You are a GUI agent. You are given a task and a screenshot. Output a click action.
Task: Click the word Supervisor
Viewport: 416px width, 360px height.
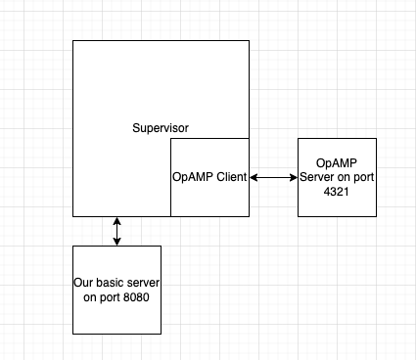point(161,128)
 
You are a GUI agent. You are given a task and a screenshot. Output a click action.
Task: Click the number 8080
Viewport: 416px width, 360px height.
point(145,296)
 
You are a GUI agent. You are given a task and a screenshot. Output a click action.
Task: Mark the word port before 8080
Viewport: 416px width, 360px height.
point(116,296)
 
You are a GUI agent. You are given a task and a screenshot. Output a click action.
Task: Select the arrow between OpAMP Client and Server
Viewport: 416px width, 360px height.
point(273,177)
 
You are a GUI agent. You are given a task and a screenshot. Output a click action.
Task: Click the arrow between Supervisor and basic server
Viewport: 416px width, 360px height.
point(117,231)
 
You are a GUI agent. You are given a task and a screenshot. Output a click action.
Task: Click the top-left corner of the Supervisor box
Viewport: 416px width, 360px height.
point(73,41)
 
